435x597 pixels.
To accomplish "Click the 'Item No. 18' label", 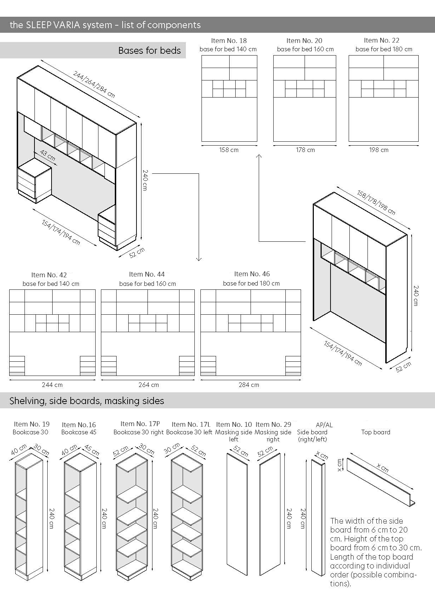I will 229,41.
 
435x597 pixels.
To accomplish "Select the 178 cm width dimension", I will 305,150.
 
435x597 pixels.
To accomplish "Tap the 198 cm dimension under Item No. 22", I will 378,150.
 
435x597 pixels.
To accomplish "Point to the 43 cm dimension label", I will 48,156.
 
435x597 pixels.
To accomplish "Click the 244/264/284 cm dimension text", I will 94,84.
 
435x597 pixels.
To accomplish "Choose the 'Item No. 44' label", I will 147,274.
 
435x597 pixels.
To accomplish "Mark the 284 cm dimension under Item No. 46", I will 249,385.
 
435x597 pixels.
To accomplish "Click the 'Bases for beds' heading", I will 149,51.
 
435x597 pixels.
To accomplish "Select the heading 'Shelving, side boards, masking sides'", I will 87,401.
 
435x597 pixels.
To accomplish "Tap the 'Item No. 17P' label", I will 140,424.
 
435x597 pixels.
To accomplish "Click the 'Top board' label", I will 376,432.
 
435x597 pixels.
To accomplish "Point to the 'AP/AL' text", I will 324,425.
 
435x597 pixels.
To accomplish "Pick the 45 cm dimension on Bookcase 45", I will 92,450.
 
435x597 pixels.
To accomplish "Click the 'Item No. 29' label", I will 273,424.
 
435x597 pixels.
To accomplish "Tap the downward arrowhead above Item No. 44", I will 199,259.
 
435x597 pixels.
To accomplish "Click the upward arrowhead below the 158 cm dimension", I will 259,156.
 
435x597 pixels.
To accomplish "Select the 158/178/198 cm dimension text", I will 376,203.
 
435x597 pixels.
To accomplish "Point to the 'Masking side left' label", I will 233,436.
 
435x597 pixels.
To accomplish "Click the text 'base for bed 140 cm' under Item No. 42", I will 51,284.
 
